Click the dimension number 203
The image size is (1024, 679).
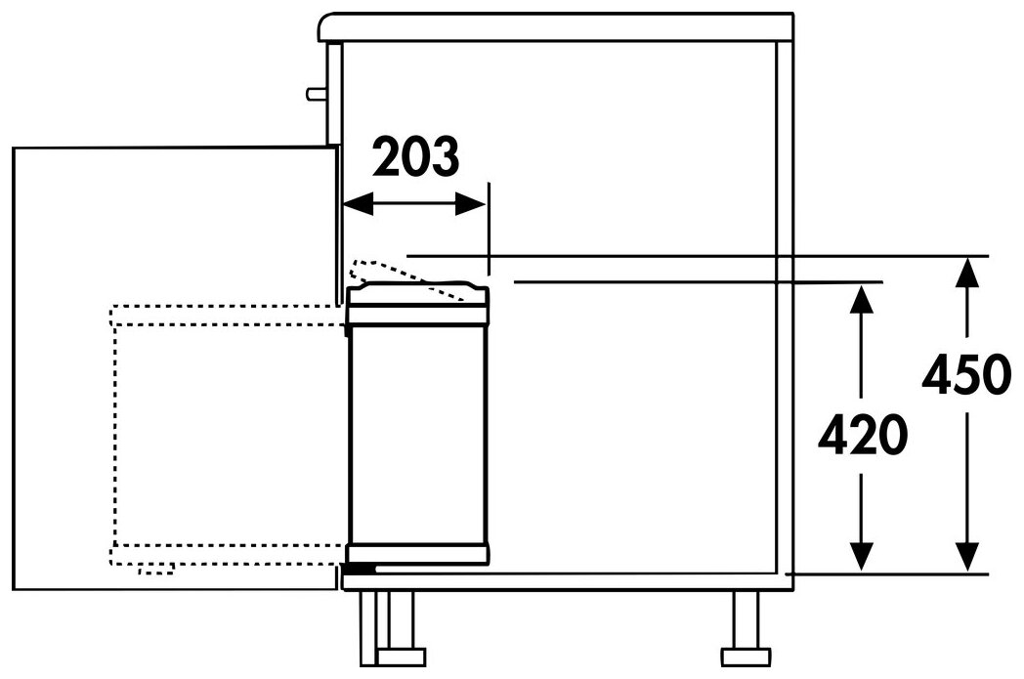pyautogui.click(x=416, y=156)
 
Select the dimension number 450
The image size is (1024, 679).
pyautogui.click(x=966, y=375)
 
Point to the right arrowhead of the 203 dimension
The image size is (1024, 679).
pyautogui.click(x=471, y=204)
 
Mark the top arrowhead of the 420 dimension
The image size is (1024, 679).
pyautogui.click(x=862, y=299)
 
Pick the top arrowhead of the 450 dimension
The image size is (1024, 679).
pyautogui.click(x=966, y=273)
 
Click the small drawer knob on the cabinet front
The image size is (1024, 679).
pyautogui.click(x=317, y=94)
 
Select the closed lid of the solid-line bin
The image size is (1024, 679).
pyautogui.click(x=417, y=304)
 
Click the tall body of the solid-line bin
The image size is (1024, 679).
pyautogui.click(x=417, y=435)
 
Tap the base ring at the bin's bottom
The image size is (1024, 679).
pyautogui.click(x=417, y=554)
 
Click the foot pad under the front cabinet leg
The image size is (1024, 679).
pyautogui.click(x=400, y=657)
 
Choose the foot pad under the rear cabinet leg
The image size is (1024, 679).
pyautogui.click(x=747, y=655)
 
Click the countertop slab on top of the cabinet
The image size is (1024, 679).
pyautogui.click(x=556, y=26)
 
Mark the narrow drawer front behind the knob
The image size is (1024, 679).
pyautogui.click(x=334, y=94)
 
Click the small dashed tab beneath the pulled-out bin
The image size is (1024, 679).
pyautogui.click(x=156, y=570)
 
